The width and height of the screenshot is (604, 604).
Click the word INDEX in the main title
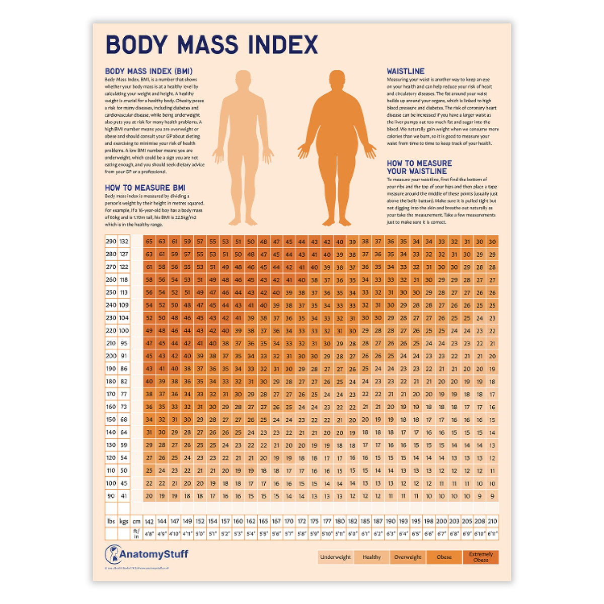point(283,45)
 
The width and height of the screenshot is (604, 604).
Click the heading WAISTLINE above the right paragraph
point(406,71)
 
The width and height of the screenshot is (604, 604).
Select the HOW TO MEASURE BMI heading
point(145,188)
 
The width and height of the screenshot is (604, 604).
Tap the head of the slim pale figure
point(243,80)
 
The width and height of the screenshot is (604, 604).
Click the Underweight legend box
point(336,557)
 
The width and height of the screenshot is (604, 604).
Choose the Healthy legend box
point(371,557)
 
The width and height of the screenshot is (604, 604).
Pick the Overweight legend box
point(408,557)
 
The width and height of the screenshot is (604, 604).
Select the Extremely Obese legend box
point(481,557)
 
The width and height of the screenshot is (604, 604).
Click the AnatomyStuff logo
point(146,555)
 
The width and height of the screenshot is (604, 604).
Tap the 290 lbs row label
point(111,242)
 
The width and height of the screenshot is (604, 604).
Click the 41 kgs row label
point(124,496)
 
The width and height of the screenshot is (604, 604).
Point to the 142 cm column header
point(149,522)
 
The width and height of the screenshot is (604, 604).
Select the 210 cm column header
point(492,522)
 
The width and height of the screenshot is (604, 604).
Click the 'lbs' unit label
point(111,522)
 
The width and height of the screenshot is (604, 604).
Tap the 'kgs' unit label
point(124,522)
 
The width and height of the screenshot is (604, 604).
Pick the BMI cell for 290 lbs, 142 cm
point(149,242)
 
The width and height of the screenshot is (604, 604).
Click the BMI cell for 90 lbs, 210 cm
point(492,496)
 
